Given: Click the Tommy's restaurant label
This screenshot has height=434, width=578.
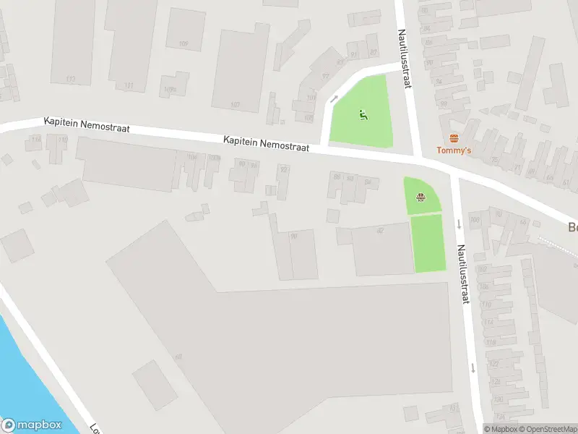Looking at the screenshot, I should coord(454,150).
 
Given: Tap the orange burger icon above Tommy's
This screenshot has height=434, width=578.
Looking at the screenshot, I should coord(454,137).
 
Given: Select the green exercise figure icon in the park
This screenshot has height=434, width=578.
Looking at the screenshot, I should coord(363,114).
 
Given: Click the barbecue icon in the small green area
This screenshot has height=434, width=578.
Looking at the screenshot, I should coord(420,196).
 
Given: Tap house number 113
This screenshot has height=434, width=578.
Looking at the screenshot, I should coord(70,79).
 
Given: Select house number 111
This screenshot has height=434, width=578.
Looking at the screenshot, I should coord(129,86).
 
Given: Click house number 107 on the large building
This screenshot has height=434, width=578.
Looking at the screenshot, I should coord(235,105).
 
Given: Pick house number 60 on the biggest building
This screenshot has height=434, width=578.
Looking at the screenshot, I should coord(178,356).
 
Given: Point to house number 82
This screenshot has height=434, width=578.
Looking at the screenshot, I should coord(380,230).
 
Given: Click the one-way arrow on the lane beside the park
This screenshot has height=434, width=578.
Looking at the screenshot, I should coord(334,99).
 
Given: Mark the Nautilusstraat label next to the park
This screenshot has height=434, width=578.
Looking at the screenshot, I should coord(405,58).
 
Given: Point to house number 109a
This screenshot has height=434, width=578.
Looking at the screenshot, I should coord(170,90).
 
